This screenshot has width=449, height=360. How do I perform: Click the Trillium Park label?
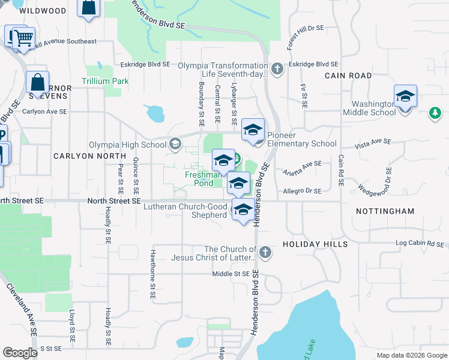click(106, 81)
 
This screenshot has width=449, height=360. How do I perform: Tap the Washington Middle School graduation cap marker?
click(405, 97)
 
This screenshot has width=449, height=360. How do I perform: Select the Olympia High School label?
click(127, 145)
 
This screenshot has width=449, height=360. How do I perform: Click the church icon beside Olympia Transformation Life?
click(277, 68)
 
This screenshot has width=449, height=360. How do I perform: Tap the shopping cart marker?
click(23, 39)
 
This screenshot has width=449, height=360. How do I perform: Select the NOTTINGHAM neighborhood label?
click(385, 211)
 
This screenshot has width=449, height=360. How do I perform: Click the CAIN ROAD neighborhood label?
click(348, 76)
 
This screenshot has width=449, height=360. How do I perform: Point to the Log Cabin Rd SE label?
click(419, 245)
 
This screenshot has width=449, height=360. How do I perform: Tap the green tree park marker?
click(434, 113)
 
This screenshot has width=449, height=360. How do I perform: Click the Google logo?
click(20, 353)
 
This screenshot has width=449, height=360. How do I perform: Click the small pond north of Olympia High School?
click(154, 113)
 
